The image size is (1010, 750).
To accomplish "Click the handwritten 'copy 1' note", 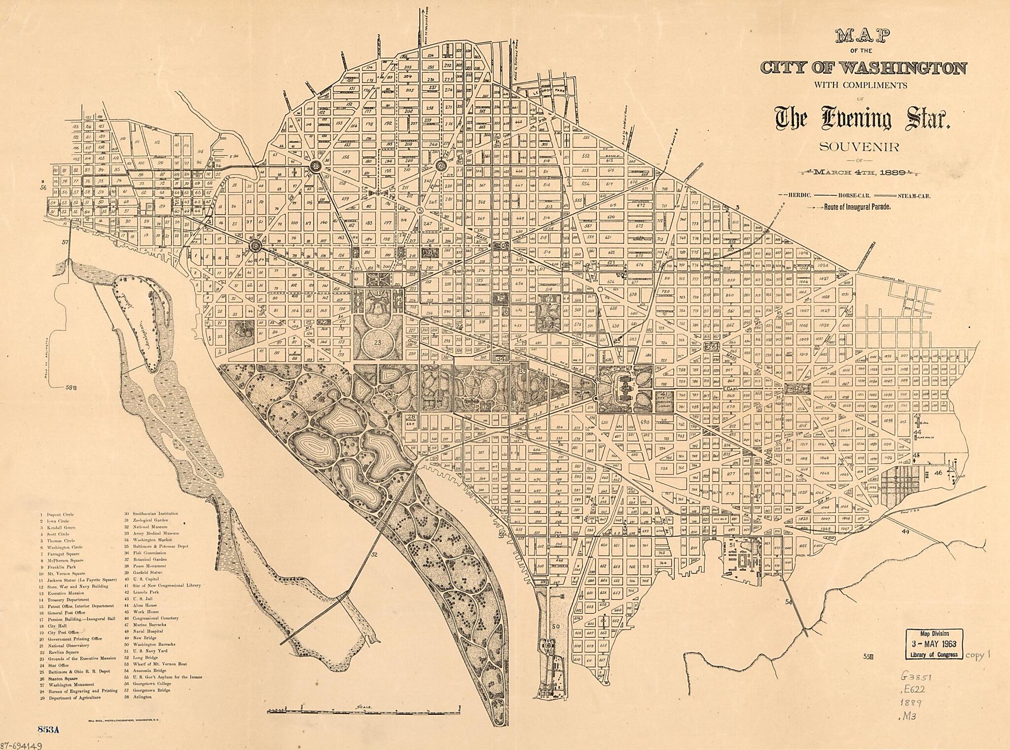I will [x=977, y=655].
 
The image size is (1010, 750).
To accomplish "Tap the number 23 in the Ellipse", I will [x=378, y=342].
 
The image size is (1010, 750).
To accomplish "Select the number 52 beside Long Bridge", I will [x=374, y=555].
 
